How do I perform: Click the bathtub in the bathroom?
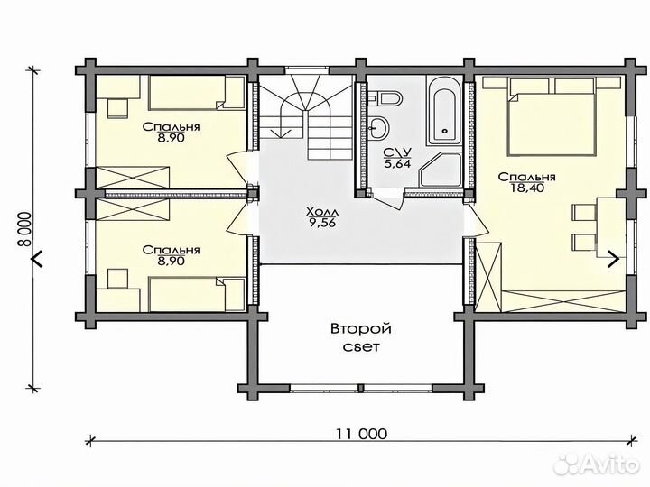click(x=444, y=110)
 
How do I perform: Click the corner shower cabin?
click(x=441, y=170)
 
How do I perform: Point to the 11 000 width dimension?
click(x=361, y=434)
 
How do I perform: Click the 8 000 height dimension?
click(x=25, y=229)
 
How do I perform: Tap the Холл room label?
click(x=322, y=213)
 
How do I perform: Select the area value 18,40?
click(x=527, y=188)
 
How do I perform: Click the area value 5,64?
click(x=397, y=163)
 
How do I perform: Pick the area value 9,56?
click(x=322, y=224)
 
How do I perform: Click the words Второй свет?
click(x=361, y=338)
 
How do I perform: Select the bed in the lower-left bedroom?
click(x=197, y=294)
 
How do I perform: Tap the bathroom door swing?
click(x=388, y=200)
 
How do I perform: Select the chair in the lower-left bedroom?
click(x=117, y=279)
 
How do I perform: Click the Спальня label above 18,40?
click(x=526, y=178)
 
